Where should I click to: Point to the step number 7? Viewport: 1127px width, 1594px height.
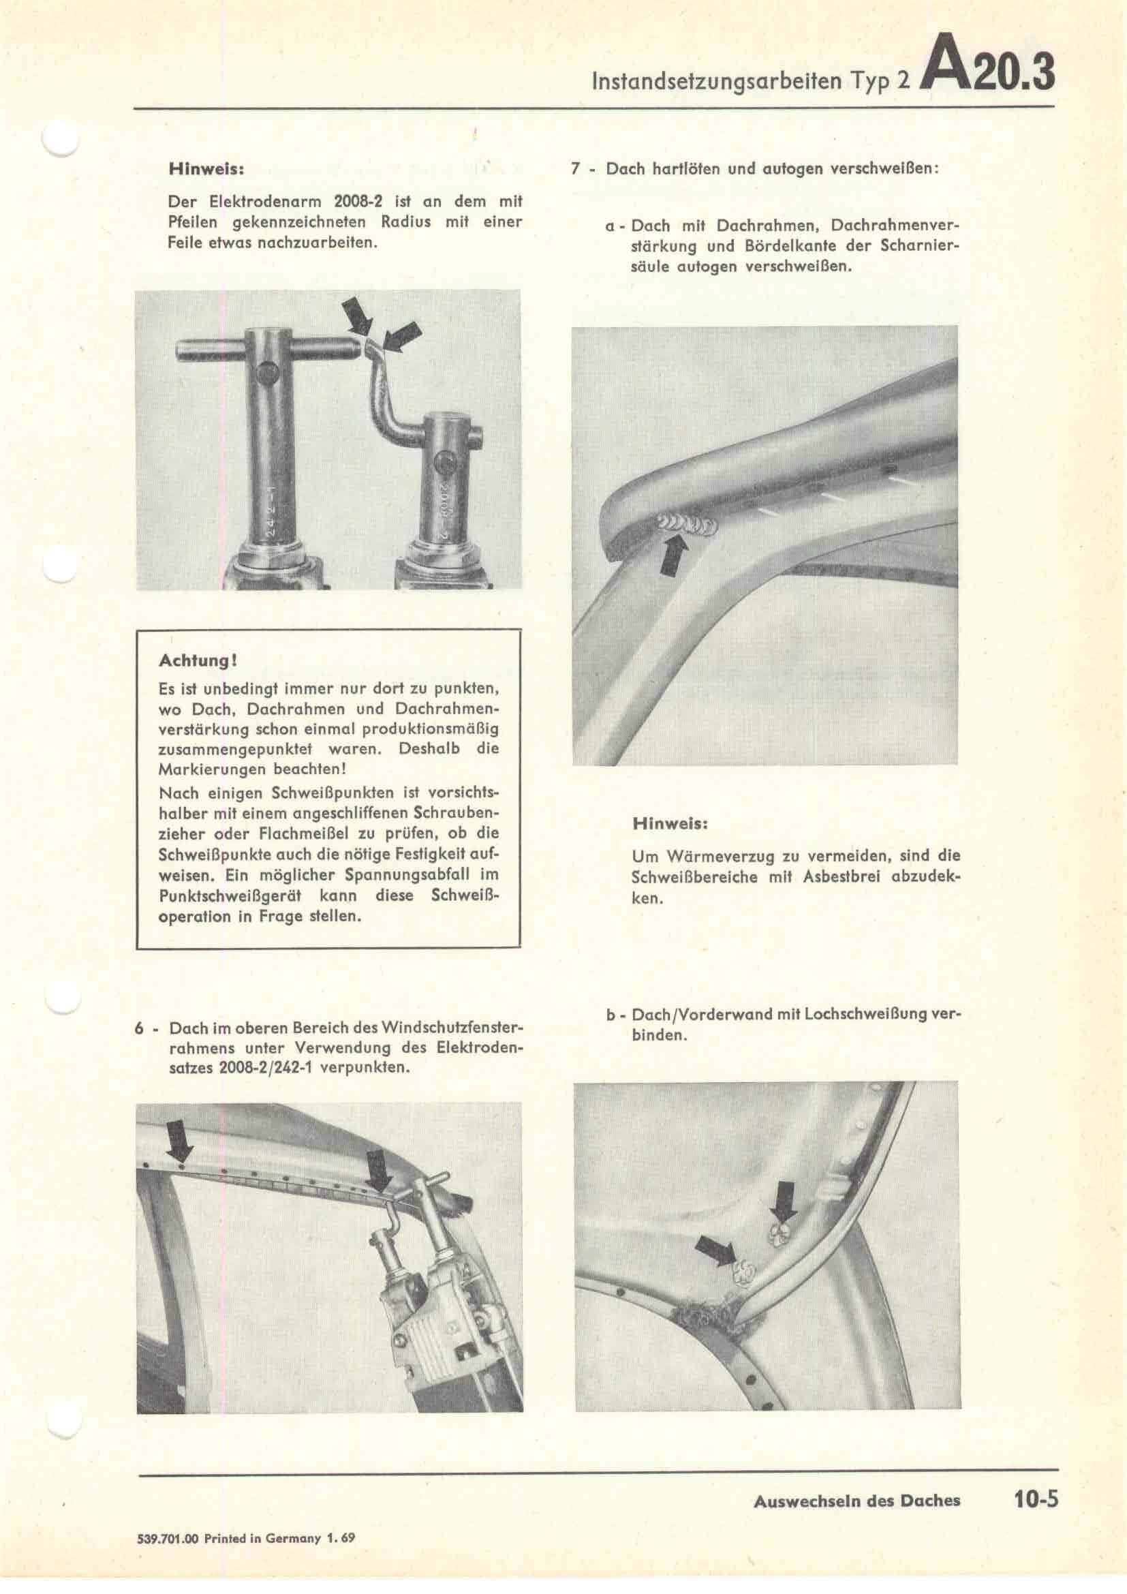pos(575,170)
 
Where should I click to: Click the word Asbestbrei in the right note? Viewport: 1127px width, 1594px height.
pos(839,877)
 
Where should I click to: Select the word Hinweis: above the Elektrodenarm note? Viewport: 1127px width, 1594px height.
pos(205,170)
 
